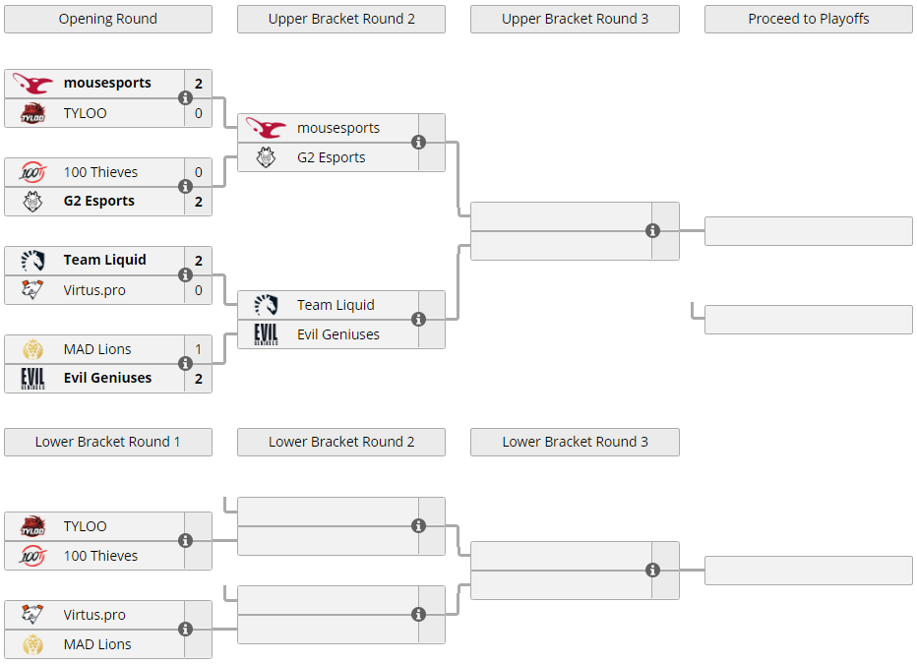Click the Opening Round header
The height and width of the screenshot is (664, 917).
[108, 20]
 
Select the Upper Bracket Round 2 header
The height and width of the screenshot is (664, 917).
[341, 20]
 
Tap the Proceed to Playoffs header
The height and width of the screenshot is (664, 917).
[808, 20]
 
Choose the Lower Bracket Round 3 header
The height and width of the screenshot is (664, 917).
[575, 442]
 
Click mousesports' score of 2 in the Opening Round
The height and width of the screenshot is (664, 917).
[199, 84]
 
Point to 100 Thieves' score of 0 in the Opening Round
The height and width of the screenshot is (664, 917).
[199, 172]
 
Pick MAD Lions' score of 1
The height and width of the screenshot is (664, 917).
[199, 349]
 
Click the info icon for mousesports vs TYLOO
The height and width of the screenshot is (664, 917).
[185, 98]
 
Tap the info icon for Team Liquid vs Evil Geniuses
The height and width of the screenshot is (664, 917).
[418, 319]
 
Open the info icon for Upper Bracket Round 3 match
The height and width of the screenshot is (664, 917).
[652, 231]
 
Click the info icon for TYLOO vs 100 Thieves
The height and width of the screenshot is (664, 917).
[185, 541]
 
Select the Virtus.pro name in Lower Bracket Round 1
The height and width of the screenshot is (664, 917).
[94, 615]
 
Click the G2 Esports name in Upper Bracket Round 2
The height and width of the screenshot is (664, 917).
[331, 157]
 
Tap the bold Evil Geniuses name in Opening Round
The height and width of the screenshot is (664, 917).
[107, 378]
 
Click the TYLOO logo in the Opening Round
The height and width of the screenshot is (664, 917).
[32, 113]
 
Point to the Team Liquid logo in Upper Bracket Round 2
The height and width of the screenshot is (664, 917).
[266, 305]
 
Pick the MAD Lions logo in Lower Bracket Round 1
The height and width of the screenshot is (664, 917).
[32, 644]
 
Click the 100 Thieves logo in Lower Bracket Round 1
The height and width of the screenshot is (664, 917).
[32, 556]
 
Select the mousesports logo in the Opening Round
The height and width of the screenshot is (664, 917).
[32, 84]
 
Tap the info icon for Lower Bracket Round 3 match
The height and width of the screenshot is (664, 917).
[652, 570]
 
